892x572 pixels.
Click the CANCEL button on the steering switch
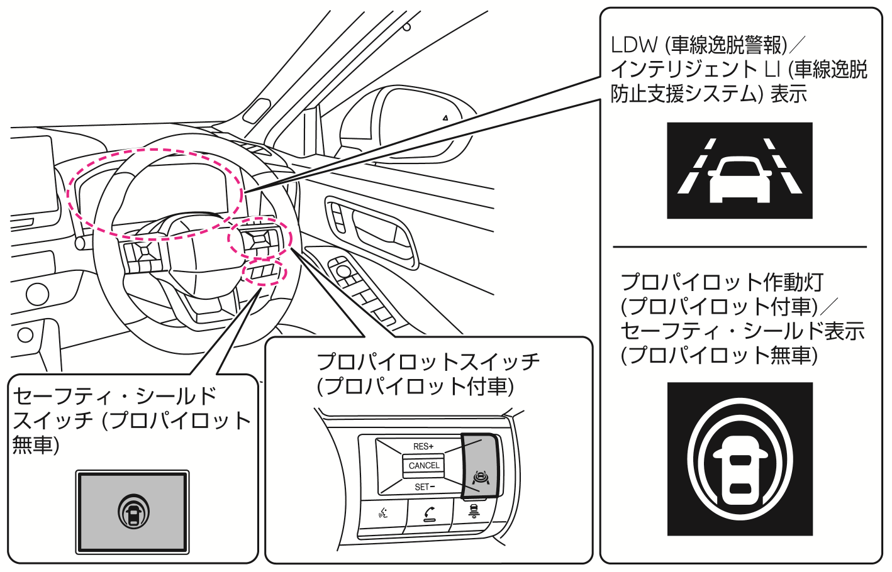pyautogui.click(x=424, y=466)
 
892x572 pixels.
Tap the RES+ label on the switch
pyautogui.click(x=423, y=446)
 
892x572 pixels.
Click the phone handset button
pyautogui.click(x=430, y=515)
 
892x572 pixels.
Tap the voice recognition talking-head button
pyautogui.click(x=383, y=514)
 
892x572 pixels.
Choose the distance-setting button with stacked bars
pyautogui.click(x=474, y=512)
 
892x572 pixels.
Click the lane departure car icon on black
pyautogui.click(x=739, y=171)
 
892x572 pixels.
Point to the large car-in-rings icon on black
pyautogui.click(x=739, y=459)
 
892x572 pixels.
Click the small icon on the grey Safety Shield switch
pyautogui.click(x=133, y=512)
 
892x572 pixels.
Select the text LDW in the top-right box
pyautogui.click(x=633, y=45)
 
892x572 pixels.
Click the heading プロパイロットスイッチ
pyautogui.click(x=428, y=362)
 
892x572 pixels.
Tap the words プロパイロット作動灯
pyautogui.click(x=722, y=282)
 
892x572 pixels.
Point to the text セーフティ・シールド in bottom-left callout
pyautogui.click(x=114, y=396)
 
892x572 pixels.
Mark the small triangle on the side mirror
pyautogui.click(x=445, y=118)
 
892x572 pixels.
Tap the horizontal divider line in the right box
pyautogui.click(x=739, y=247)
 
